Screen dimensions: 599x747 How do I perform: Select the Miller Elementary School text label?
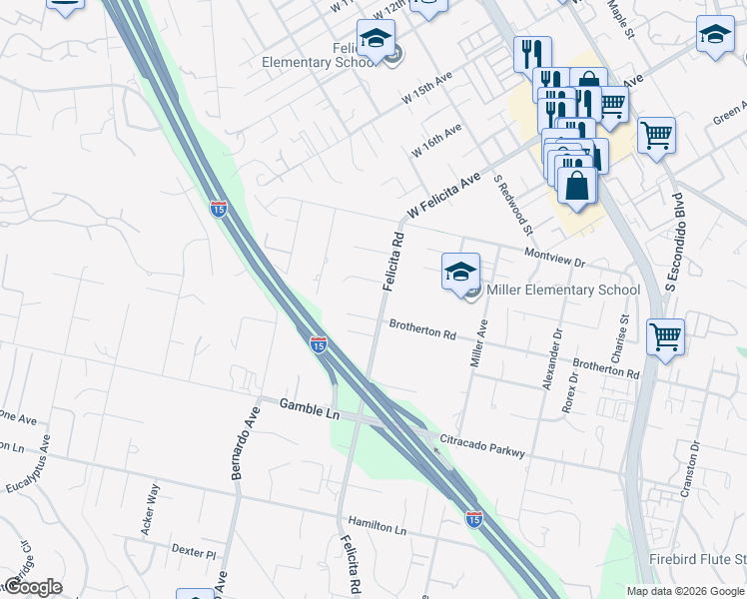click(x=562, y=291)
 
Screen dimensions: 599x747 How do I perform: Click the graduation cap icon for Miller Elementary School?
click(x=460, y=271)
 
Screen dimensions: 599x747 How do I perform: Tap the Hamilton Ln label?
click(x=378, y=525)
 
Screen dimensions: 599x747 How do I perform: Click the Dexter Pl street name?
click(x=194, y=552)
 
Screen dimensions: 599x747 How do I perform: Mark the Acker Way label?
click(x=151, y=509)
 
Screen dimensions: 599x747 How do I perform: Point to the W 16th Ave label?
click(x=436, y=140)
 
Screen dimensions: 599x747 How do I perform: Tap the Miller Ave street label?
click(x=480, y=342)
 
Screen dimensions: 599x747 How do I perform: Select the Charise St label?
click(x=623, y=338)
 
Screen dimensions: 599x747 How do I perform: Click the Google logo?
click(x=32, y=586)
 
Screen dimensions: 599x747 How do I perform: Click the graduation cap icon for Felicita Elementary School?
click(x=376, y=39)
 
